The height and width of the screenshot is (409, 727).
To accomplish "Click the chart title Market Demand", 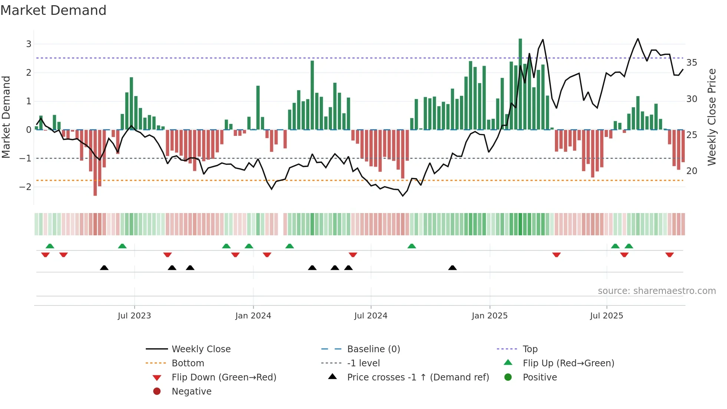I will pos(53,10).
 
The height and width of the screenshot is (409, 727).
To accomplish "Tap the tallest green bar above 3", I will pos(520,84).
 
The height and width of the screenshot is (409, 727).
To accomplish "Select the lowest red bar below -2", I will pos(95,163).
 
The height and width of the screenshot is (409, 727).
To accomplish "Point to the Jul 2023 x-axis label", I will pos(134,316).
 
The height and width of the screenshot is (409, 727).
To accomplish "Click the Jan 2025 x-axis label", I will pos(489,316).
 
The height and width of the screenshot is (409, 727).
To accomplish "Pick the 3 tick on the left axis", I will pos(29,44).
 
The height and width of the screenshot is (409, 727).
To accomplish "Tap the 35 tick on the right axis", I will pos(691,63).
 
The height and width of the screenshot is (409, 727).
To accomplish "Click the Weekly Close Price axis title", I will pos(711,117).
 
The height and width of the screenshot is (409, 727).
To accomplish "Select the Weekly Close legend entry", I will pos(201,349).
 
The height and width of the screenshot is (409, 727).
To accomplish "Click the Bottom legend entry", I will pos(188,363).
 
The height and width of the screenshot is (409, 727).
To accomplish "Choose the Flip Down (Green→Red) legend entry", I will pos(224,377).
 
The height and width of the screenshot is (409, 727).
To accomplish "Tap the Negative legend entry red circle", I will pos(157,392).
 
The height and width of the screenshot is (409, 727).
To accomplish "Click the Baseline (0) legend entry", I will pos(373,349).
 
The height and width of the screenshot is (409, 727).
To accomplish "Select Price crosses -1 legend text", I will pos(418,377).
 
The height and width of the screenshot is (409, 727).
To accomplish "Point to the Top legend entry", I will pos(530,349).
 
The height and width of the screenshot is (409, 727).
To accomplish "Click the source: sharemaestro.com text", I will pos(657,291).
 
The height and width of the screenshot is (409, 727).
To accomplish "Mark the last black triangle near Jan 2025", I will pos(452,268).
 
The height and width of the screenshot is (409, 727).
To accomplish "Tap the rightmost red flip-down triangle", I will pos(669,255).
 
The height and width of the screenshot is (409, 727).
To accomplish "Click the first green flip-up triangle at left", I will pos(50,246).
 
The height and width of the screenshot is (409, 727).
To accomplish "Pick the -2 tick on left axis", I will pos(26,187).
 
